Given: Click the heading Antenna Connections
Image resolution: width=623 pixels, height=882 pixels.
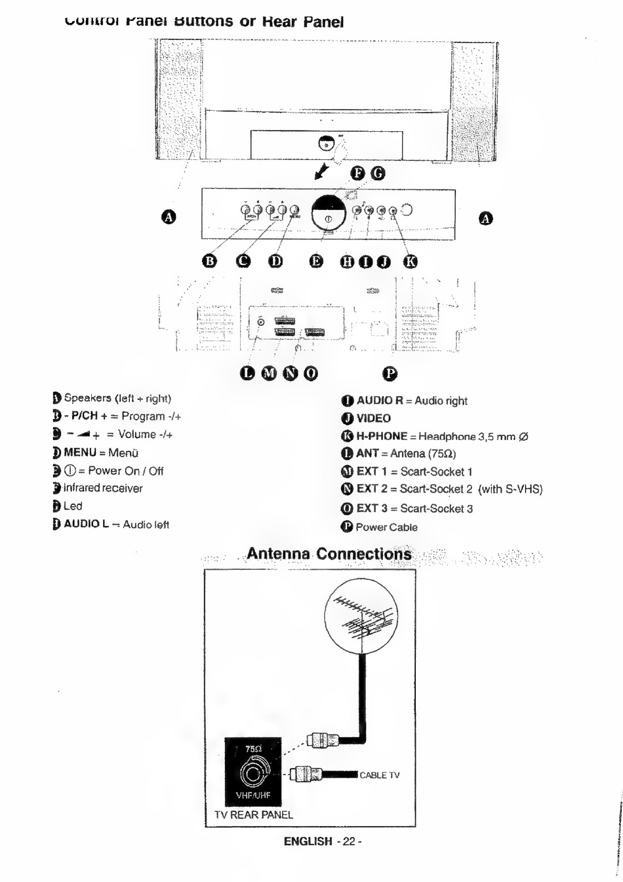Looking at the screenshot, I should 329,554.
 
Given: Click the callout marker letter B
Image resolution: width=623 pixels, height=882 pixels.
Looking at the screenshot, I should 210,261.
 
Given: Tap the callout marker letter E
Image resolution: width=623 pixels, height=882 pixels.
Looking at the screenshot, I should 316,261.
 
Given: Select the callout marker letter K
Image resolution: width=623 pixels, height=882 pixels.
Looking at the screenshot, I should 410,261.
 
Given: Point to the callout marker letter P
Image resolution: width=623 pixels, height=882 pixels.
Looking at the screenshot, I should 390,373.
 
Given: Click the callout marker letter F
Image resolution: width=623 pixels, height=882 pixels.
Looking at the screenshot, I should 358,173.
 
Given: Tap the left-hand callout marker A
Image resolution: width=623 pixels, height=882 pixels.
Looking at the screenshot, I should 169,217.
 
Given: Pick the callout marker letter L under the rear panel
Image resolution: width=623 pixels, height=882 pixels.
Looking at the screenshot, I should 247,373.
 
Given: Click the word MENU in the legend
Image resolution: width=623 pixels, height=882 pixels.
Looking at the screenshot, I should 80,452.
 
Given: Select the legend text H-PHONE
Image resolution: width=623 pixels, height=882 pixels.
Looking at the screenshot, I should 382,436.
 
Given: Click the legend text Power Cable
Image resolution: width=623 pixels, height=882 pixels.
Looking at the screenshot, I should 386,527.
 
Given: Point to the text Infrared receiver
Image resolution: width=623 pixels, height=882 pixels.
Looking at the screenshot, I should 103,488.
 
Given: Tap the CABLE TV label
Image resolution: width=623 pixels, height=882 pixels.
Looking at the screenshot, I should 379,775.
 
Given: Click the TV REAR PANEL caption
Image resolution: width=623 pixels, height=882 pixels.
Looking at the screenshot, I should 254,814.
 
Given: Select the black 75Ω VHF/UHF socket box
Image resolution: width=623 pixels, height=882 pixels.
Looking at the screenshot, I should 252,772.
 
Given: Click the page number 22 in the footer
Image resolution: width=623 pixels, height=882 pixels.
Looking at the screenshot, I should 348,841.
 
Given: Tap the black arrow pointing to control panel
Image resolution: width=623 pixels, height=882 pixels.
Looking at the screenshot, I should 321,171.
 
